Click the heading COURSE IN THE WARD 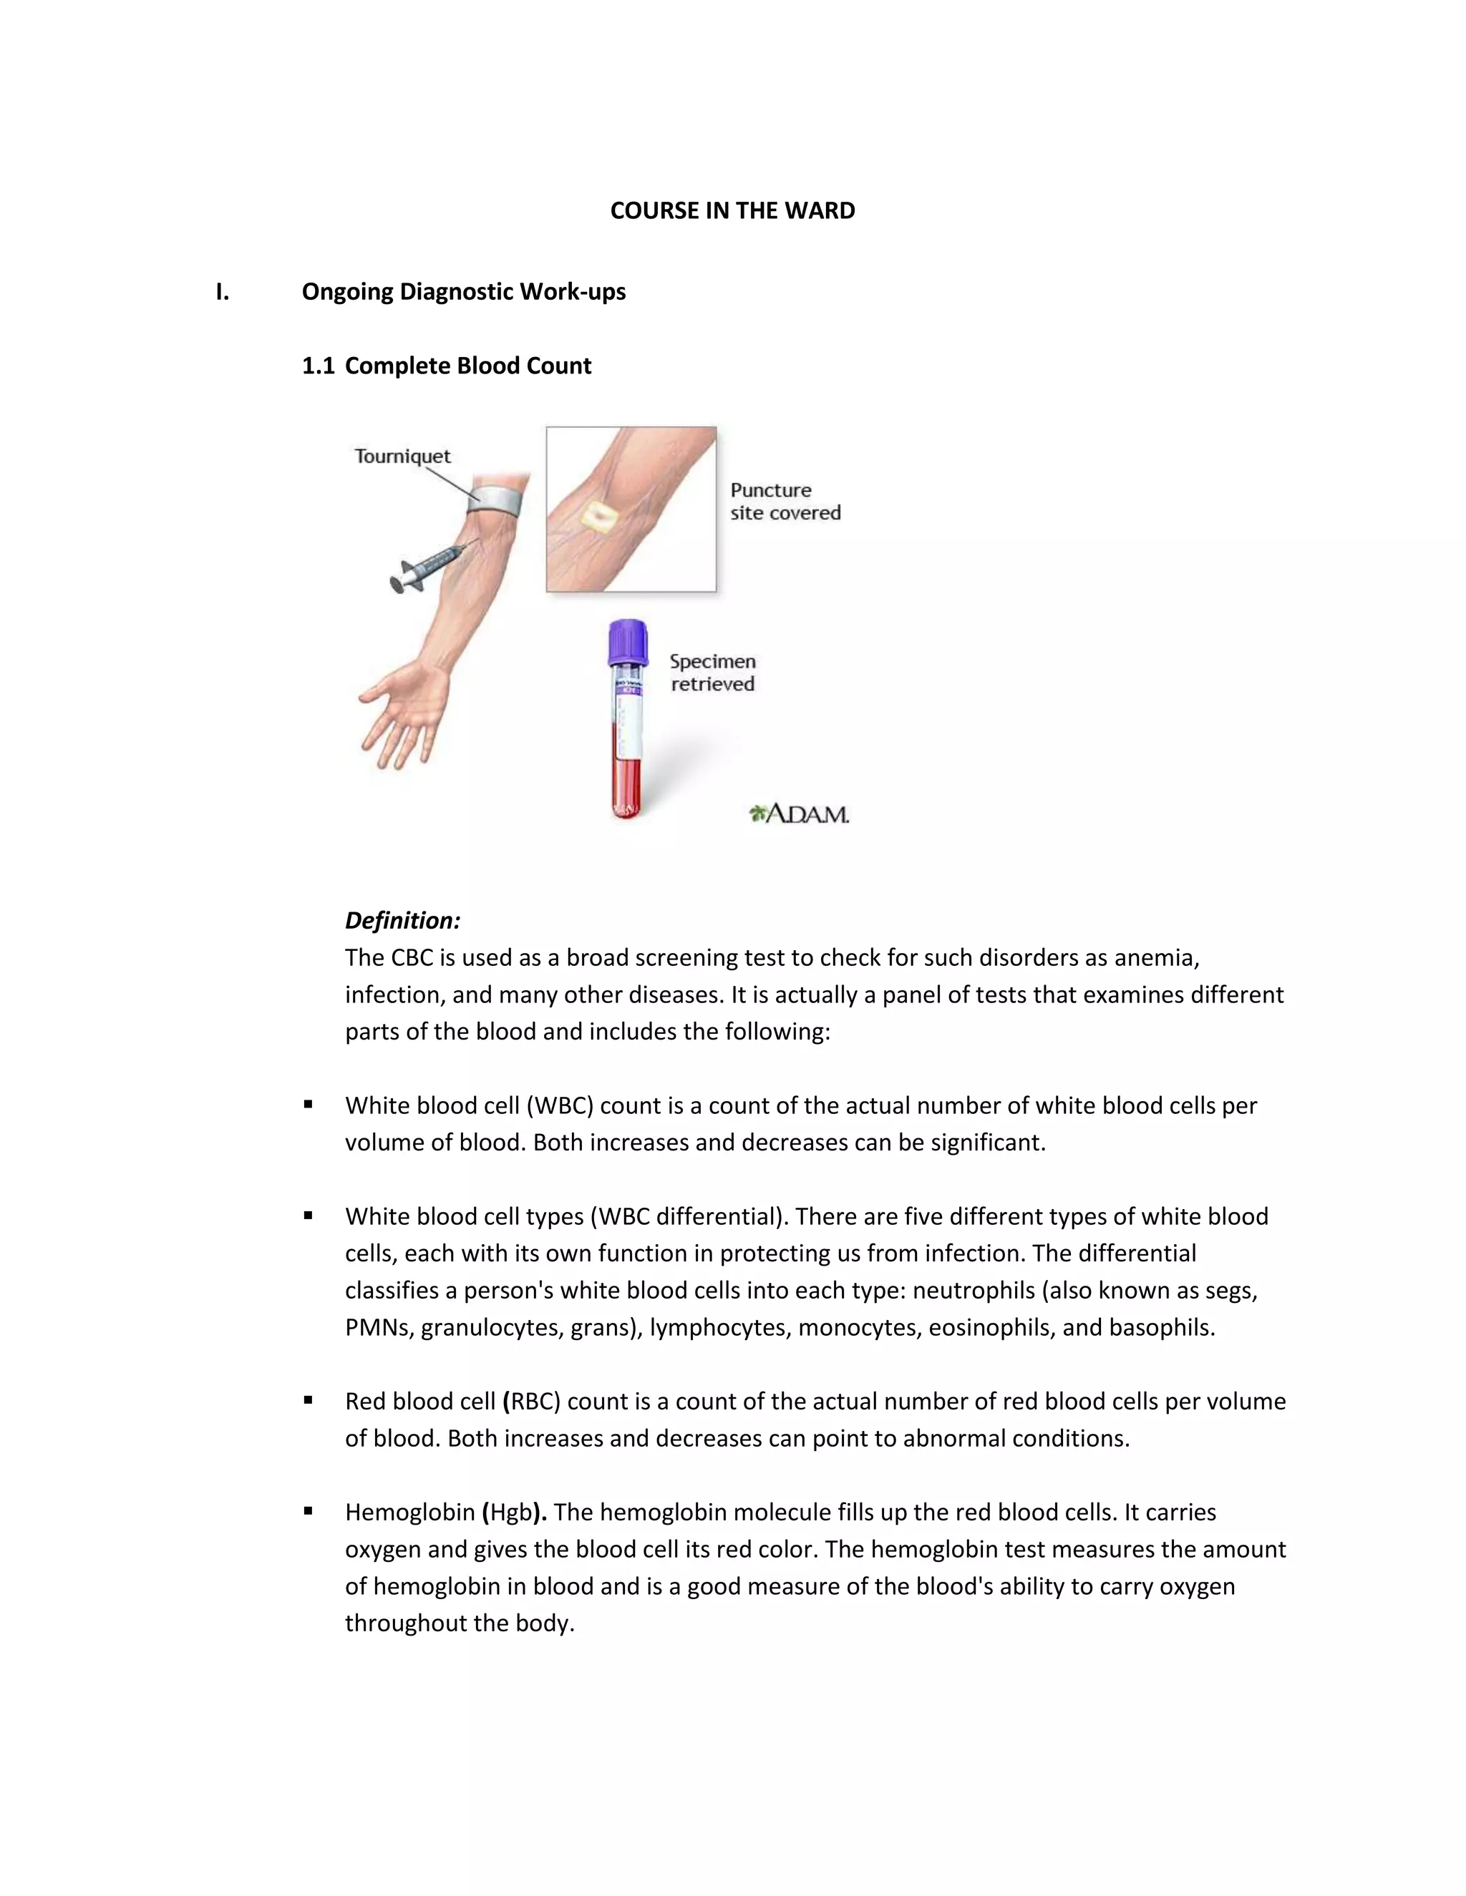(732, 211)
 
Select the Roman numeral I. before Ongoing (223, 292)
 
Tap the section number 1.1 (318, 366)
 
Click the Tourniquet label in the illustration (402, 456)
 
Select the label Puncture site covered (785, 501)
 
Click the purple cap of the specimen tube (628, 640)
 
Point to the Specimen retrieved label (712, 673)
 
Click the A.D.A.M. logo (799, 813)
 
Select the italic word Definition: (402, 920)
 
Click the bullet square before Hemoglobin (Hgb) (309, 1510)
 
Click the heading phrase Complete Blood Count (467, 366)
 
